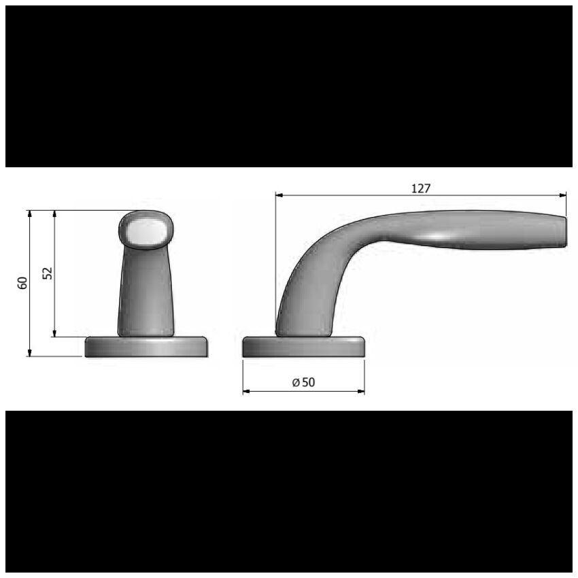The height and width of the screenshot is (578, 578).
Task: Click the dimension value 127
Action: tap(421, 188)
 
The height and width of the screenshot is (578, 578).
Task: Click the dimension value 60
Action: tap(22, 283)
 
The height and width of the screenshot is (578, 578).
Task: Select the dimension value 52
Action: tap(48, 273)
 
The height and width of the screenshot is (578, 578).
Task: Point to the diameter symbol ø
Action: tap(296, 383)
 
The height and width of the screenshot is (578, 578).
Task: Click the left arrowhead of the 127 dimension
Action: tap(279, 195)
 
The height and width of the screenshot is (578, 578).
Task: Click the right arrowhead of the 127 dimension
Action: tap(562, 195)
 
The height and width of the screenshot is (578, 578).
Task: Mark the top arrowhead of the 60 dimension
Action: tap(30, 214)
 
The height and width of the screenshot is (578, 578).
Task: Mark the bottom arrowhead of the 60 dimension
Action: tap(30, 353)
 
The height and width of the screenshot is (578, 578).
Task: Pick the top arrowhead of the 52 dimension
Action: tap(54, 214)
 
